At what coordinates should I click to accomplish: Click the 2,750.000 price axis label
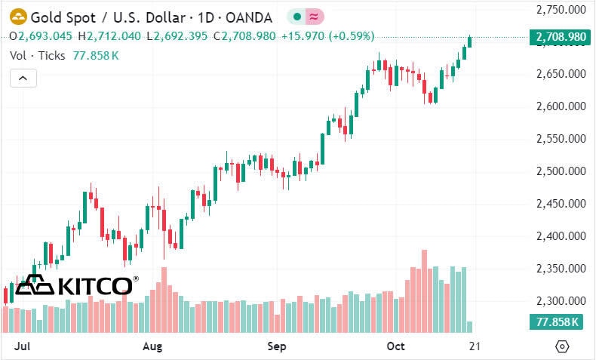[x=560, y=9]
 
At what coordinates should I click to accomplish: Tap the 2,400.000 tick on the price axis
[x=560, y=236]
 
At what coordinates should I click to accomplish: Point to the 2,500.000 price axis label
[x=560, y=171]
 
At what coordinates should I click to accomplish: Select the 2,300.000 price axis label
[x=560, y=301]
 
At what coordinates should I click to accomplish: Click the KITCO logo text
[x=94, y=285]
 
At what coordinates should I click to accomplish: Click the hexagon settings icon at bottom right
[x=561, y=346]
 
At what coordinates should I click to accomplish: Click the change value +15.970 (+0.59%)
[x=326, y=36]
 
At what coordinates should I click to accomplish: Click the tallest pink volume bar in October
[x=424, y=291]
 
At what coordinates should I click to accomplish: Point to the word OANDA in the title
[x=250, y=16]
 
